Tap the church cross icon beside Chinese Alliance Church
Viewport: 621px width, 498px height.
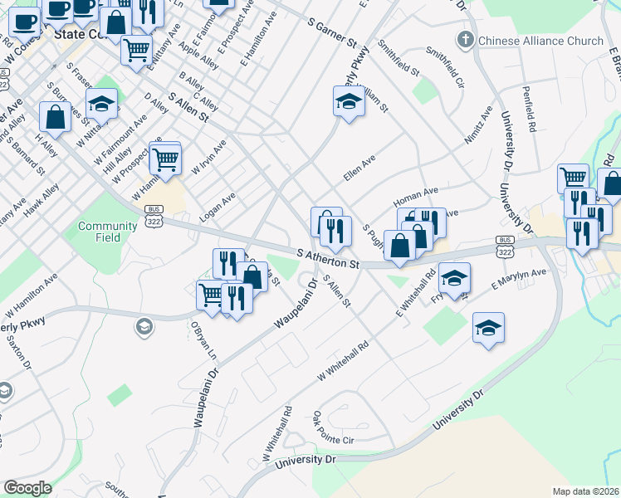coord(466,40)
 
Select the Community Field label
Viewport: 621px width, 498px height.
coord(107,232)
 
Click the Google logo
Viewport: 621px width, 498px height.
coord(27,488)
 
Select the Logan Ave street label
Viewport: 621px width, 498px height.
coord(218,208)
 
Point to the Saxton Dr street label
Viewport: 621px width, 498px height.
coord(17,352)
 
